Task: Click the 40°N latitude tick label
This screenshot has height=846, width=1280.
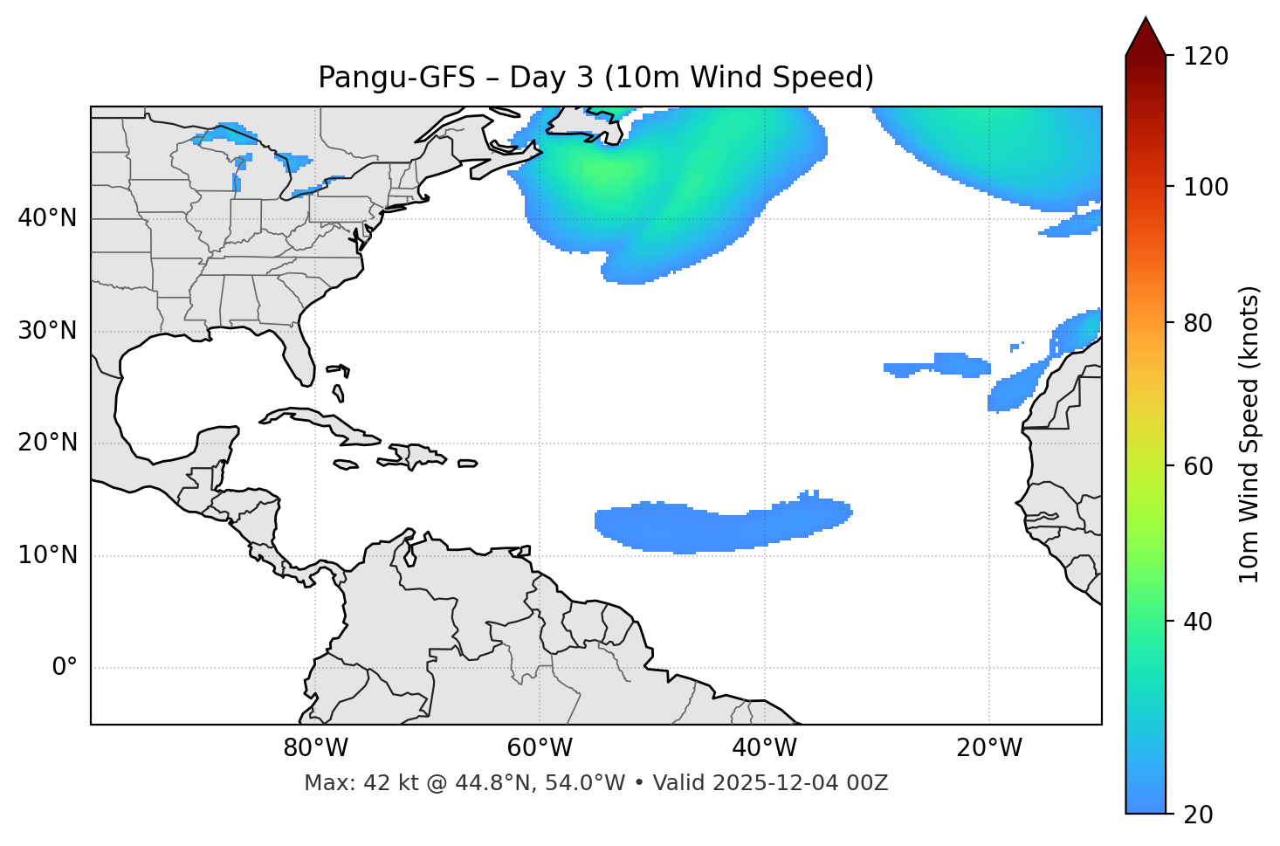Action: pyautogui.click(x=47, y=218)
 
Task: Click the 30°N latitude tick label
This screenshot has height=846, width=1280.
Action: pyautogui.click(x=47, y=331)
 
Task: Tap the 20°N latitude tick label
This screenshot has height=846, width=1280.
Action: pyautogui.click(x=47, y=443)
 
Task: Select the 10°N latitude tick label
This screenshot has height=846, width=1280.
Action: pyautogui.click(x=47, y=555)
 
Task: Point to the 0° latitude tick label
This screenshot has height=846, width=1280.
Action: pyautogui.click(x=65, y=668)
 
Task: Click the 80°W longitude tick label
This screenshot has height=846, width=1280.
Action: pyautogui.click(x=315, y=748)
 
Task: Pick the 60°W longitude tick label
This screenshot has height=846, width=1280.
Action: pyautogui.click(x=540, y=748)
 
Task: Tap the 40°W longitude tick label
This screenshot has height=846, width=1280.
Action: pyautogui.click(x=764, y=748)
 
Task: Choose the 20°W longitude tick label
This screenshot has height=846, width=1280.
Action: pyautogui.click(x=989, y=748)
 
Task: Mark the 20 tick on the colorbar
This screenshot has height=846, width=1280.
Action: pyautogui.click(x=1198, y=815)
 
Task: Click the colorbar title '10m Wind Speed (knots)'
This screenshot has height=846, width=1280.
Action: pyautogui.click(x=1249, y=434)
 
